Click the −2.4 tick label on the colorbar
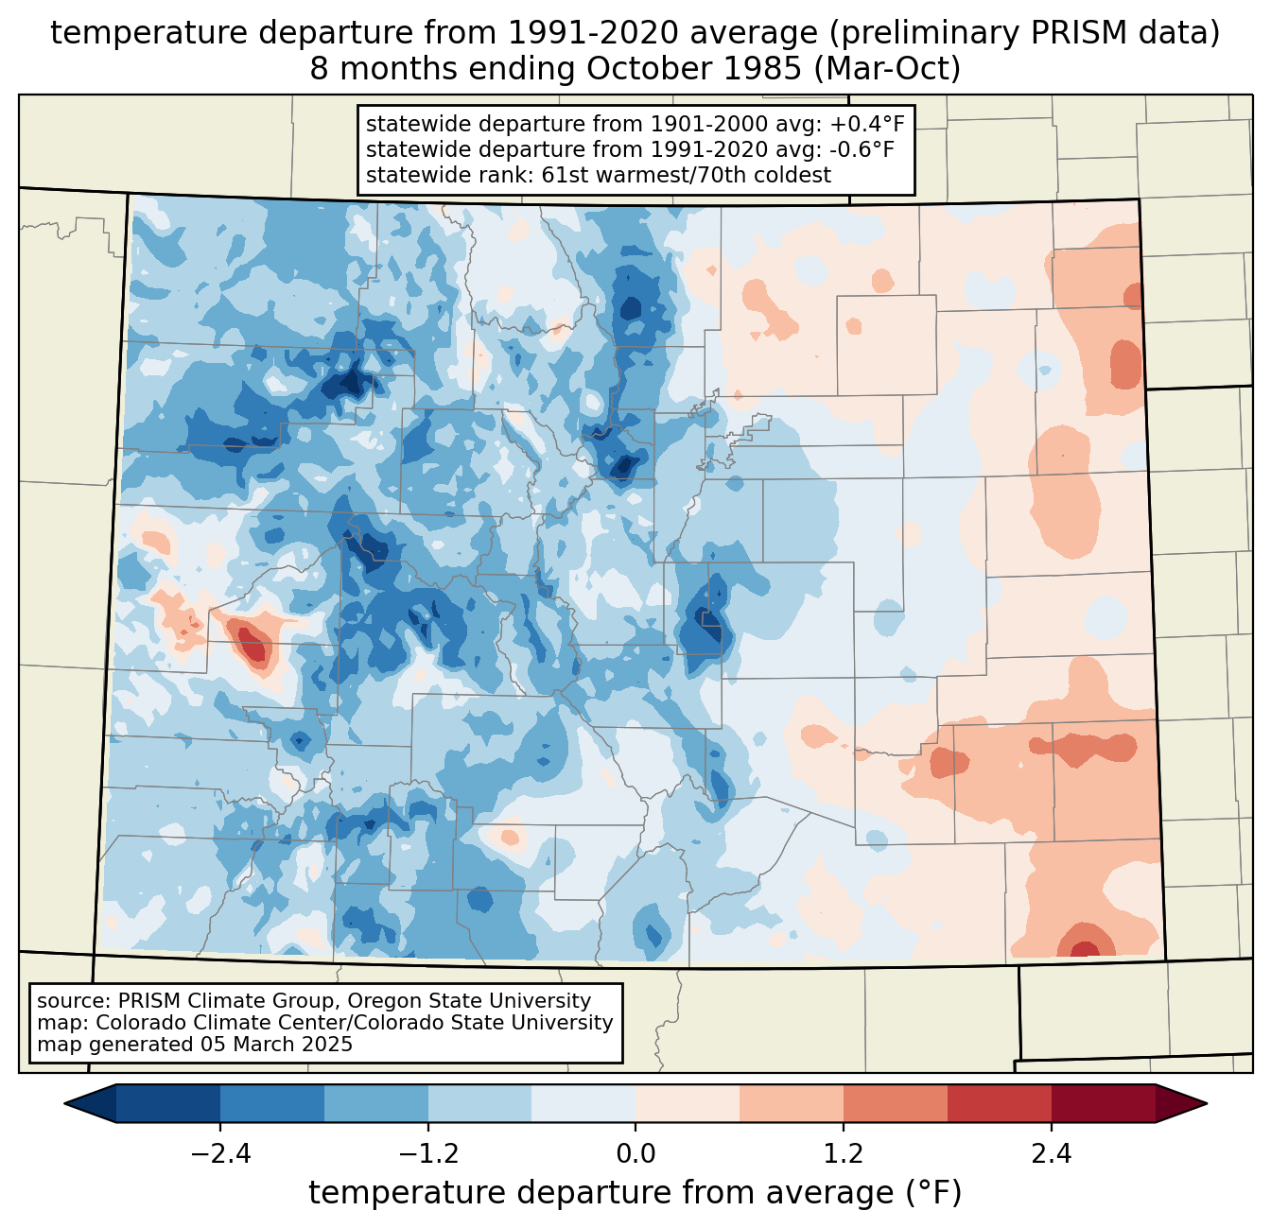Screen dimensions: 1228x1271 coord(219,1154)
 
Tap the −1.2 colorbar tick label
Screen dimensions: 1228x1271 coord(427,1154)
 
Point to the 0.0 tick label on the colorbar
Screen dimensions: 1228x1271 coord(635,1154)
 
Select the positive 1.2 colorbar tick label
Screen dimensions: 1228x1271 coord(844,1154)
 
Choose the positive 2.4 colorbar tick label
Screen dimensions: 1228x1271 coord(1051,1154)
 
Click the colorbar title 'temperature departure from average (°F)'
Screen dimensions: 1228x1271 coord(635,1193)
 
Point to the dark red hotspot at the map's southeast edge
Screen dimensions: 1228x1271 coord(1085,948)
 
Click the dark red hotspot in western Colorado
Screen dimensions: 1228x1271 coord(252,644)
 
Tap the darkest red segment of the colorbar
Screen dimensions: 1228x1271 coord(1103,1103)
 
